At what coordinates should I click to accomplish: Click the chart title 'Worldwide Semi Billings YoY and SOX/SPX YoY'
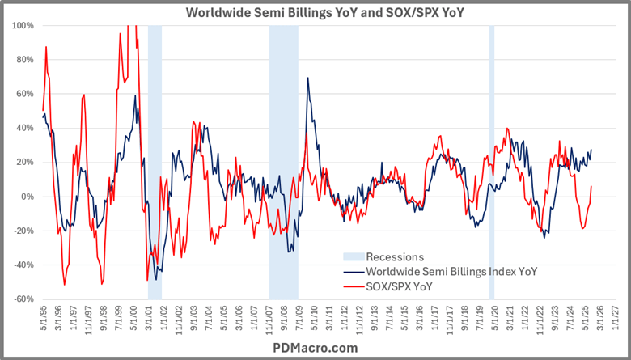tap(315, 12)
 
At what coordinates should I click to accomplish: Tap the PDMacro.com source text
tap(315, 348)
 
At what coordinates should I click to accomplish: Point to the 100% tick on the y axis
tap(22, 26)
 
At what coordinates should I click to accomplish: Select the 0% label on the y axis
tap(26, 197)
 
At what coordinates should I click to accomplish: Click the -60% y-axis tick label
tap(23, 299)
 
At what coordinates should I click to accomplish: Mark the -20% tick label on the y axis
tap(23, 231)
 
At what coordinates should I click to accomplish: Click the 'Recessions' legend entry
tap(395, 257)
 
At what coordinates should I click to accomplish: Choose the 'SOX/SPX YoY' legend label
tap(402, 285)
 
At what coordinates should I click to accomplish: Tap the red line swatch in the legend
tap(354, 285)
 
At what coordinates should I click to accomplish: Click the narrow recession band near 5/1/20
tap(492, 162)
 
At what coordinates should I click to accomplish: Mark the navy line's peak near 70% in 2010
tap(307, 78)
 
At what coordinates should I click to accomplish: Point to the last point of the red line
tap(591, 186)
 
